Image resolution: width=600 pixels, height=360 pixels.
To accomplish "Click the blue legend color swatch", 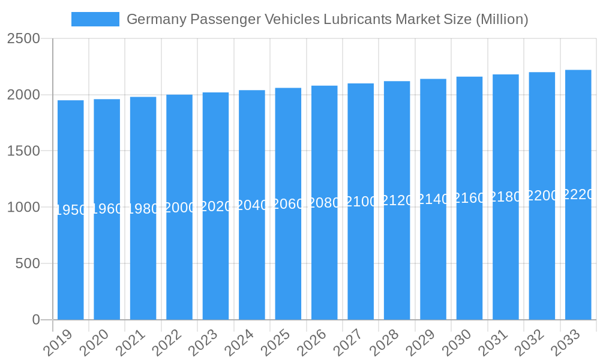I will coord(95,19).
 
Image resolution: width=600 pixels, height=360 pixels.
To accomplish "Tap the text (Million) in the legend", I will coord(502,19).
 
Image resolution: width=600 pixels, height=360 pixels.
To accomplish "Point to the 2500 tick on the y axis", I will coord(24,39).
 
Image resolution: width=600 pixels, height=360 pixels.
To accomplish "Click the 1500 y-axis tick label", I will coord(24,151).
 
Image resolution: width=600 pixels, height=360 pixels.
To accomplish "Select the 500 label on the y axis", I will coord(28,263).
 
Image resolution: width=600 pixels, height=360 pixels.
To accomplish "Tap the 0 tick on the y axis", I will coord(36,320).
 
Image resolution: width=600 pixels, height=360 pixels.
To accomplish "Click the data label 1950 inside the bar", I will coord(71,210).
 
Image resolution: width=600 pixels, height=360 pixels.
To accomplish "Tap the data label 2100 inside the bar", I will coord(361,202).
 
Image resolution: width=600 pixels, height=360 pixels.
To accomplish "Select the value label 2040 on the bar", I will coord(252,205).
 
